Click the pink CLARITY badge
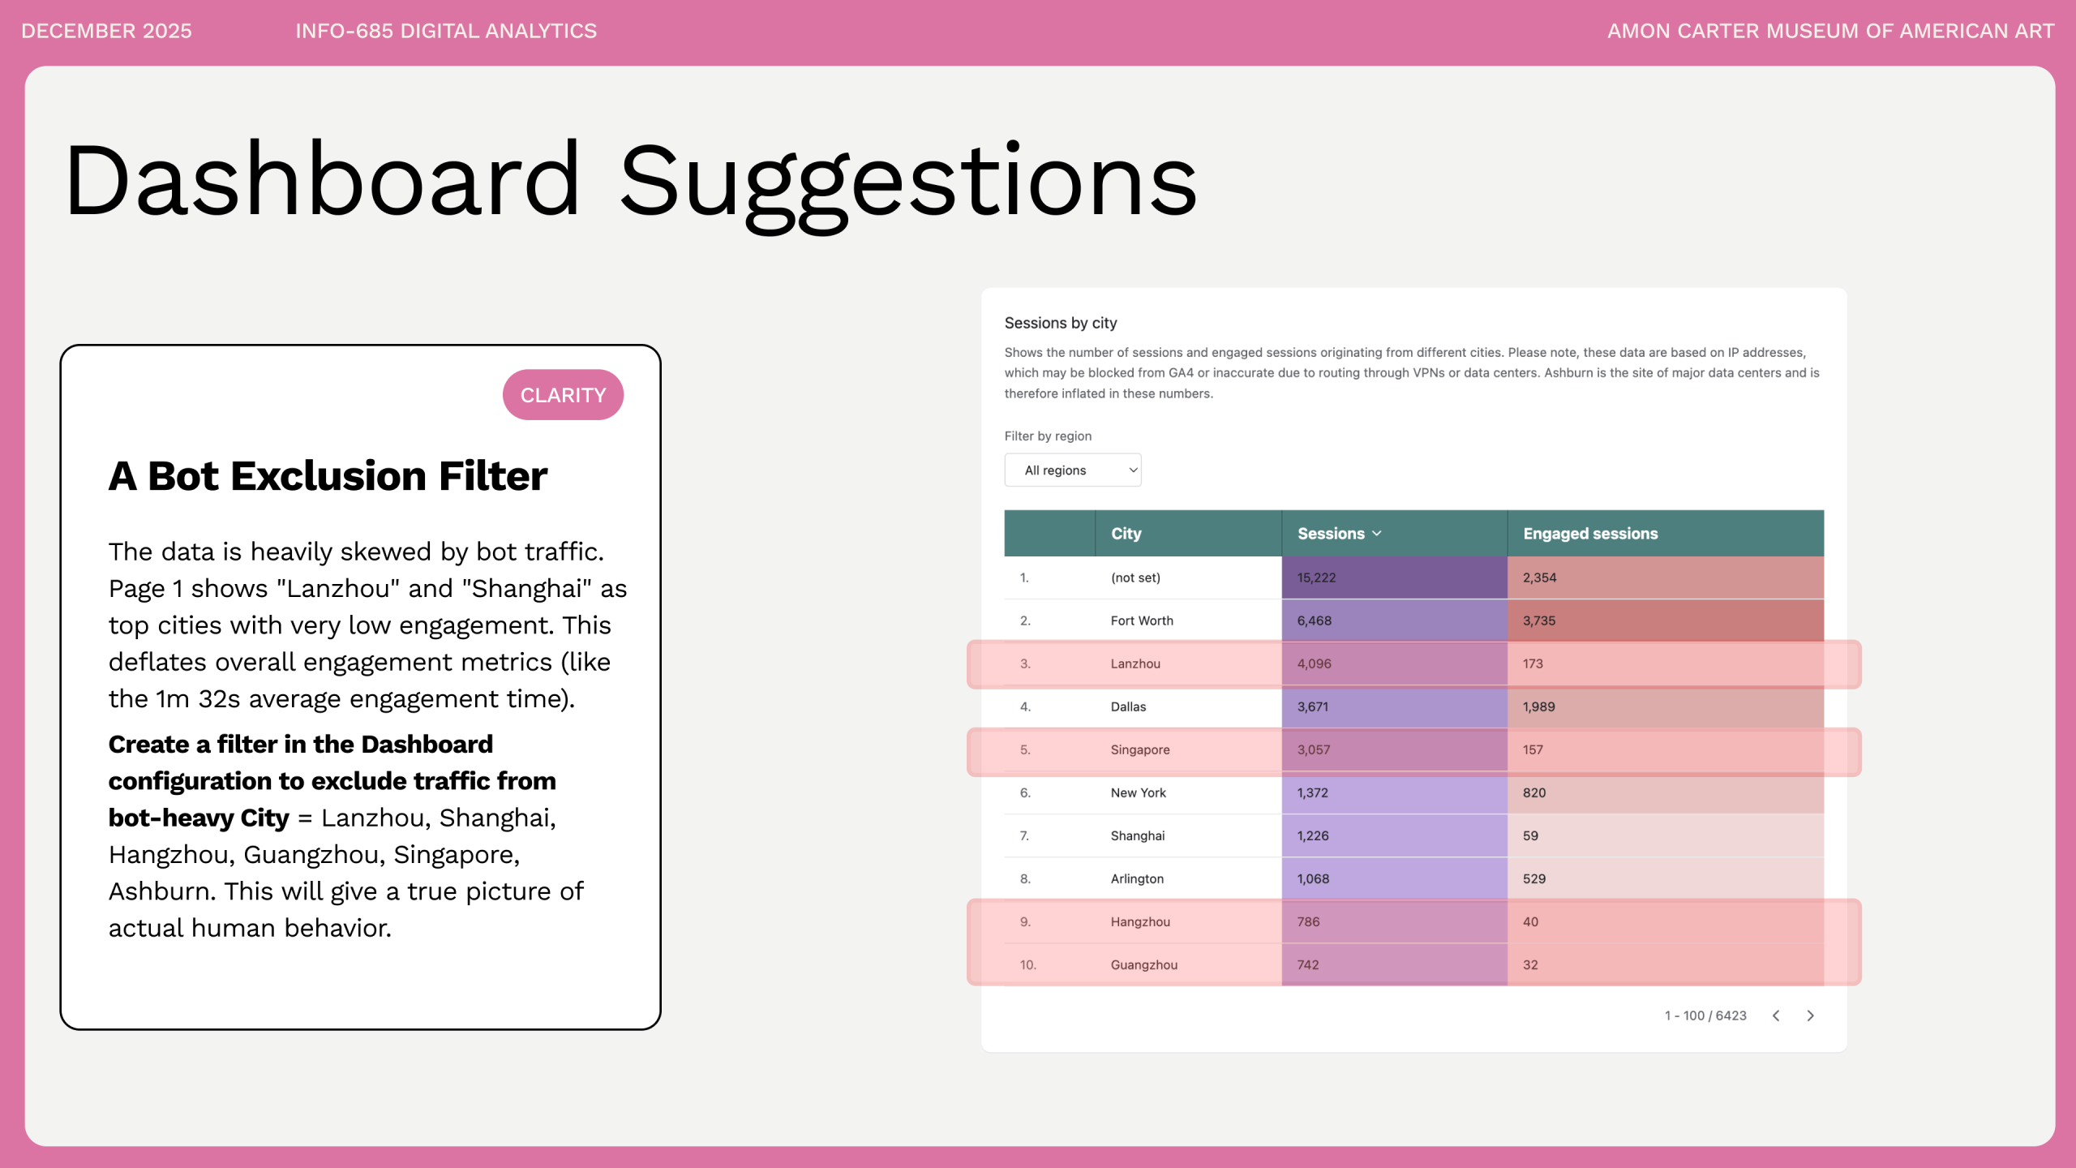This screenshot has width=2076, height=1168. click(x=563, y=395)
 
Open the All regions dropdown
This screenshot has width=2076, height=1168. click(x=1072, y=470)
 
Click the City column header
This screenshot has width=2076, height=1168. click(x=1126, y=534)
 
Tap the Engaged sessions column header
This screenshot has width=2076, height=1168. click(x=1589, y=534)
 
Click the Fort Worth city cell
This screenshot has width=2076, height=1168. click(x=1142, y=620)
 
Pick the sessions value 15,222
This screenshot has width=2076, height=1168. click(x=1315, y=578)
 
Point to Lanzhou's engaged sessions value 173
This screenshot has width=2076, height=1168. click(x=1532, y=663)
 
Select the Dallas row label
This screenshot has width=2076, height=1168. click(x=1128, y=706)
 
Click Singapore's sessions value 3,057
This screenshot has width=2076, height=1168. click(x=1313, y=749)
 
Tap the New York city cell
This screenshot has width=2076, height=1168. click(x=1138, y=792)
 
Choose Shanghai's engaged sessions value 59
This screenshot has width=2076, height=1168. click(x=1529, y=835)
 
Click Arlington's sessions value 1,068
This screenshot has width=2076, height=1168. click(x=1312, y=878)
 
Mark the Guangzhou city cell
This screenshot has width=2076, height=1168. click(x=1143, y=964)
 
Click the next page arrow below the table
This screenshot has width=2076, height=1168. click(x=1810, y=1016)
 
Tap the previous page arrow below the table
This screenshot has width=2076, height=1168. click(x=1776, y=1016)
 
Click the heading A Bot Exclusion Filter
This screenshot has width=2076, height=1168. click(x=328, y=476)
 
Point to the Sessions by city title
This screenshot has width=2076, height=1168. click(x=1061, y=323)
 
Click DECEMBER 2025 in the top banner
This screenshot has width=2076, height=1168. click(x=106, y=31)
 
